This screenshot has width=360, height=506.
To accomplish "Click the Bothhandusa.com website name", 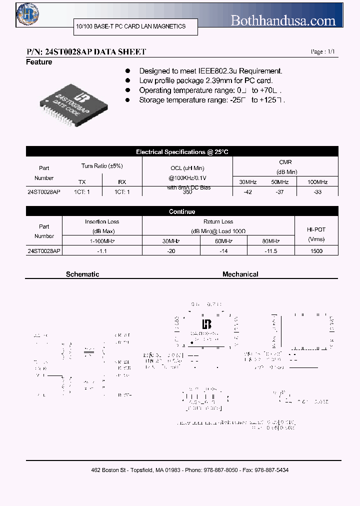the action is (282, 20).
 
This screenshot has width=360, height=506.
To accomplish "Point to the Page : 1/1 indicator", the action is (323, 52).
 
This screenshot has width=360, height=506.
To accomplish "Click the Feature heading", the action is (39, 62).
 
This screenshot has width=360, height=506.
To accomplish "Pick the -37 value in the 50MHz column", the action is (280, 192).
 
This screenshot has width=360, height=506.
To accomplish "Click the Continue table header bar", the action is (182, 211).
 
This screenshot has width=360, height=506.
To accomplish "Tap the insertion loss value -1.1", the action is (102, 251).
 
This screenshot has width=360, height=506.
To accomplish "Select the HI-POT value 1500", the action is (316, 251).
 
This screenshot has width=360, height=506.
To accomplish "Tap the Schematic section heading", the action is (82, 274).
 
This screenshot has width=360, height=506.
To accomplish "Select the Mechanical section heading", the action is (240, 274).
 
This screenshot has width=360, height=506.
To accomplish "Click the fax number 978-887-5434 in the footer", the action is (271, 470).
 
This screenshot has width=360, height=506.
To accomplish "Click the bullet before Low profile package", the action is (128, 81).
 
